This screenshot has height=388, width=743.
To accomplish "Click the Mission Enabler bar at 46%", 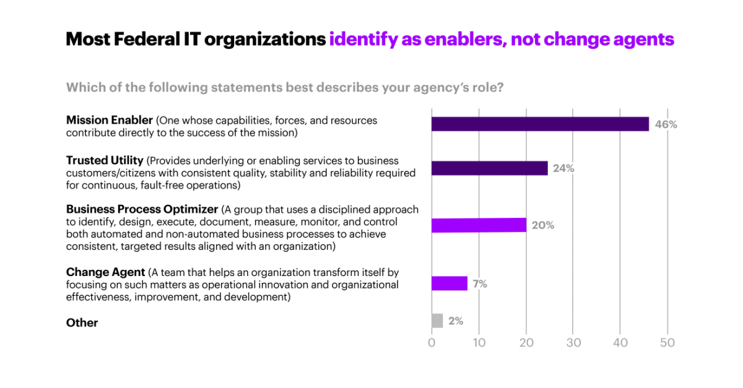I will (x=540, y=124).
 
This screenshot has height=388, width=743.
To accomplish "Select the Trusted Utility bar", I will (x=489, y=168).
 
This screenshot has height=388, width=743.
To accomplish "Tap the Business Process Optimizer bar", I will (x=479, y=225).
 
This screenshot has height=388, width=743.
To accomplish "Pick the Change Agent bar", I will (x=450, y=283).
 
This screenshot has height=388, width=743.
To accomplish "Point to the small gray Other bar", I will (x=437, y=321).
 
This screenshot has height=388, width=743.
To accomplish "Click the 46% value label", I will (x=666, y=124).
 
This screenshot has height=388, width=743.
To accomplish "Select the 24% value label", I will (x=563, y=168).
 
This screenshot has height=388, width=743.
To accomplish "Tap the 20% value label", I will (x=542, y=225).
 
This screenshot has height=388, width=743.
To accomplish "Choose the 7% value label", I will (x=480, y=284).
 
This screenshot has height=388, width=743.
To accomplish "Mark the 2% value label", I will (x=456, y=321).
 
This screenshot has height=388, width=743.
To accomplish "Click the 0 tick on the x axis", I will (x=432, y=342).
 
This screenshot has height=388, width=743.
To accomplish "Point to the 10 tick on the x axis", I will (x=479, y=342).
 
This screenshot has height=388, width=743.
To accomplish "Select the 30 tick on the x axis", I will (x=573, y=342).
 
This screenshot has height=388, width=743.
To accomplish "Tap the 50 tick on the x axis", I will (x=667, y=342).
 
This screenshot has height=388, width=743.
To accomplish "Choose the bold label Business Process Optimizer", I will (x=142, y=210).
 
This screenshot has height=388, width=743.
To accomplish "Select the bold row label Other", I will (x=82, y=322).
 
